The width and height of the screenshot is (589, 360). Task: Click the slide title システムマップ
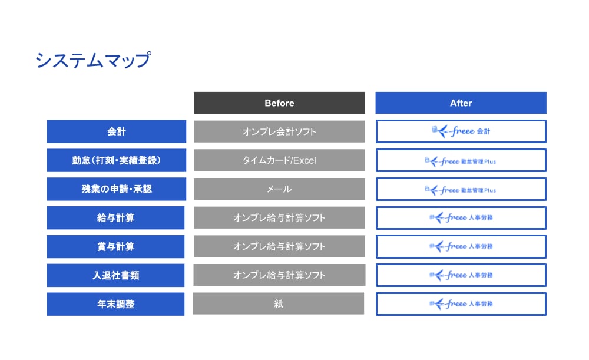[93, 60]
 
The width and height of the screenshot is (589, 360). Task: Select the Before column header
[279, 103]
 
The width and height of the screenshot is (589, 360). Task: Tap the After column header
[461, 103]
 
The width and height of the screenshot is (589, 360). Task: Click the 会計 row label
[116, 131]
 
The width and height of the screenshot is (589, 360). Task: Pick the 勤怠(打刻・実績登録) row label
[116, 160]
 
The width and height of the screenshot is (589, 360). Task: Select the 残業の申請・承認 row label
[116, 189]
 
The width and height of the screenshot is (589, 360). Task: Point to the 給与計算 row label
[116, 218]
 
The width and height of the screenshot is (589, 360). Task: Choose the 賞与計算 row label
[116, 246]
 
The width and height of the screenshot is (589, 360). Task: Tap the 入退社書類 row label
[116, 275]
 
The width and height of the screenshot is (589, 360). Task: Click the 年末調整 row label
[116, 304]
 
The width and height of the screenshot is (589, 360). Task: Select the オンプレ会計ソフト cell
[279, 131]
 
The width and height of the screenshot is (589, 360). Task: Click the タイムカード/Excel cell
[279, 160]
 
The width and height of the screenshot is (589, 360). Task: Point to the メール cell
[279, 189]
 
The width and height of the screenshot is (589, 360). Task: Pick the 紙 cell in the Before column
[279, 303]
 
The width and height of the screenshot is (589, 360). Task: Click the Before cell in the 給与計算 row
[279, 218]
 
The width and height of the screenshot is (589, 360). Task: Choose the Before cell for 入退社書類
[279, 275]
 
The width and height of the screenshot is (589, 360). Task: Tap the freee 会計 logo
[461, 131]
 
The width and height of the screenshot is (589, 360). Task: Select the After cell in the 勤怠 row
[461, 160]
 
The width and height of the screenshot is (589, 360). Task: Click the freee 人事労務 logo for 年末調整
[461, 304]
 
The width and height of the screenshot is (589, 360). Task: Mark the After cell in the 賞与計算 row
[461, 246]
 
